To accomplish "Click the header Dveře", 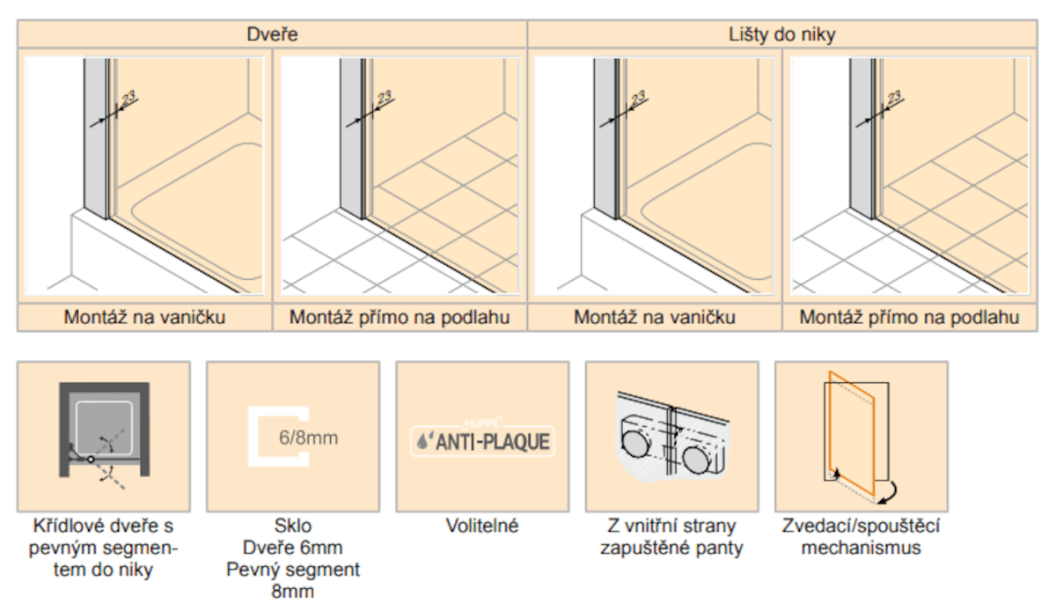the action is pyautogui.click(x=272, y=34).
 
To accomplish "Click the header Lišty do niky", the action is pyautogui.click(x=782, y=34).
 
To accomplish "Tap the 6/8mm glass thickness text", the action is pyautogui.click(x=308, y=438).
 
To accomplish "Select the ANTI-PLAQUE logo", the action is pyautogui.click(x=482, y=441).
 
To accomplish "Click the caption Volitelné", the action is pyautogui.click(x=482, y=526).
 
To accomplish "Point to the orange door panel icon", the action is pyautogui.click(x=852, y=432).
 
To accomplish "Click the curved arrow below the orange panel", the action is pyautogui.click(x=888, y=494).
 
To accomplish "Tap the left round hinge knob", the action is pyautogui.click(x=635, y=444).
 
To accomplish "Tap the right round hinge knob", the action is pyautogui.click(x=696, y=460).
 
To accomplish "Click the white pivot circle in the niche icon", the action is pyautogui.click(x=91, y=459).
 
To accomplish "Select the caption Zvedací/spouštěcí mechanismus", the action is pyautogui.click(x=861, y=537).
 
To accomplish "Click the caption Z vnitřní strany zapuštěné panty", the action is pyautogui.click(x=671, y=537).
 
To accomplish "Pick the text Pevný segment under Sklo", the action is pyautogui.click(x=293, y=570).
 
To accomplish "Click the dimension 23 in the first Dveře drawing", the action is pyautogui.click(x=128, y=98).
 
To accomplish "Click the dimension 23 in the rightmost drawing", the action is pyautogui.click(x=894, y=98).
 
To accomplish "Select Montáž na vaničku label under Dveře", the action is pyautogui.click(x=144, y=317).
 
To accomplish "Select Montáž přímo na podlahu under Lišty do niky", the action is pyautogui.click(x=909, y=317).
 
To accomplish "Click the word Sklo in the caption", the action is pyautogui.click(x=293, y=526).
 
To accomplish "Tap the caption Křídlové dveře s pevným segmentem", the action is pyautogui.click(x=103, y=548).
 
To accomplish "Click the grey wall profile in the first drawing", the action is pyautogui.click(x=95, y=136).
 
